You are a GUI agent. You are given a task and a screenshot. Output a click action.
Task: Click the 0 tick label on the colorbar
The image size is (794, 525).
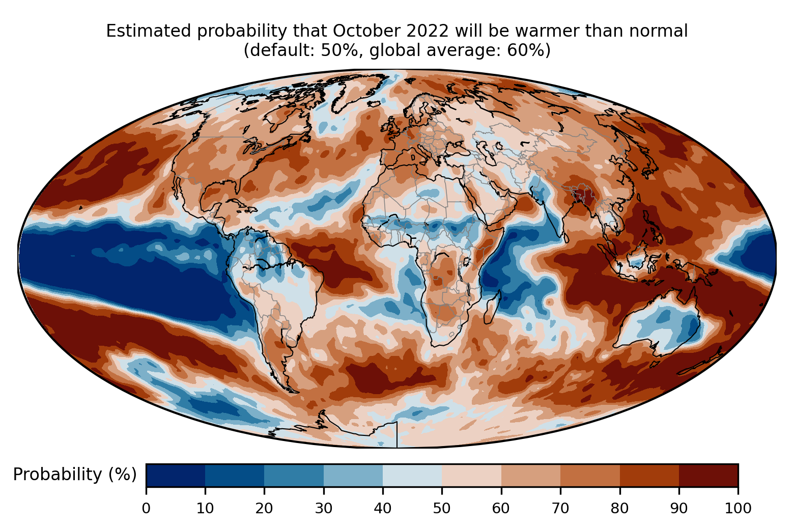[x=146, y=508]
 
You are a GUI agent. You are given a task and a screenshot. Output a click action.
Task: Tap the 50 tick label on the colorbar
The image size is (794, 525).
[x=442, y=508]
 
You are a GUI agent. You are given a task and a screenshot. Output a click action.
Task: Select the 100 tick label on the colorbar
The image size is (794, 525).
[x=738, y=508]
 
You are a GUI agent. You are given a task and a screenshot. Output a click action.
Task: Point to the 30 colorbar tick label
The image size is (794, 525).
[x=324, y=508]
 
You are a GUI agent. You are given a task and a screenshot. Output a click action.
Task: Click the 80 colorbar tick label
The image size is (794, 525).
[x=619, y=508]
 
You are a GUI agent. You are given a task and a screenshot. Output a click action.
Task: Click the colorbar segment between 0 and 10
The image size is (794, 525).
[x=176, y=476]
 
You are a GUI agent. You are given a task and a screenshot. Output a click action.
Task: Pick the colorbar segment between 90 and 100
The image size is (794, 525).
[x=708, y=476]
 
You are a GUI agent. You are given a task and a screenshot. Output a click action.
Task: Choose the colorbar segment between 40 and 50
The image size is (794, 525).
[x=412, y=476]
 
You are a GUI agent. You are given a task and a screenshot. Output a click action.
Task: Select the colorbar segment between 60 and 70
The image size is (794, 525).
[x=531, y=476]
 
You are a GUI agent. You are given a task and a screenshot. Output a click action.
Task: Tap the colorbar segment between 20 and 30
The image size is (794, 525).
[x=294, y=476]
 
